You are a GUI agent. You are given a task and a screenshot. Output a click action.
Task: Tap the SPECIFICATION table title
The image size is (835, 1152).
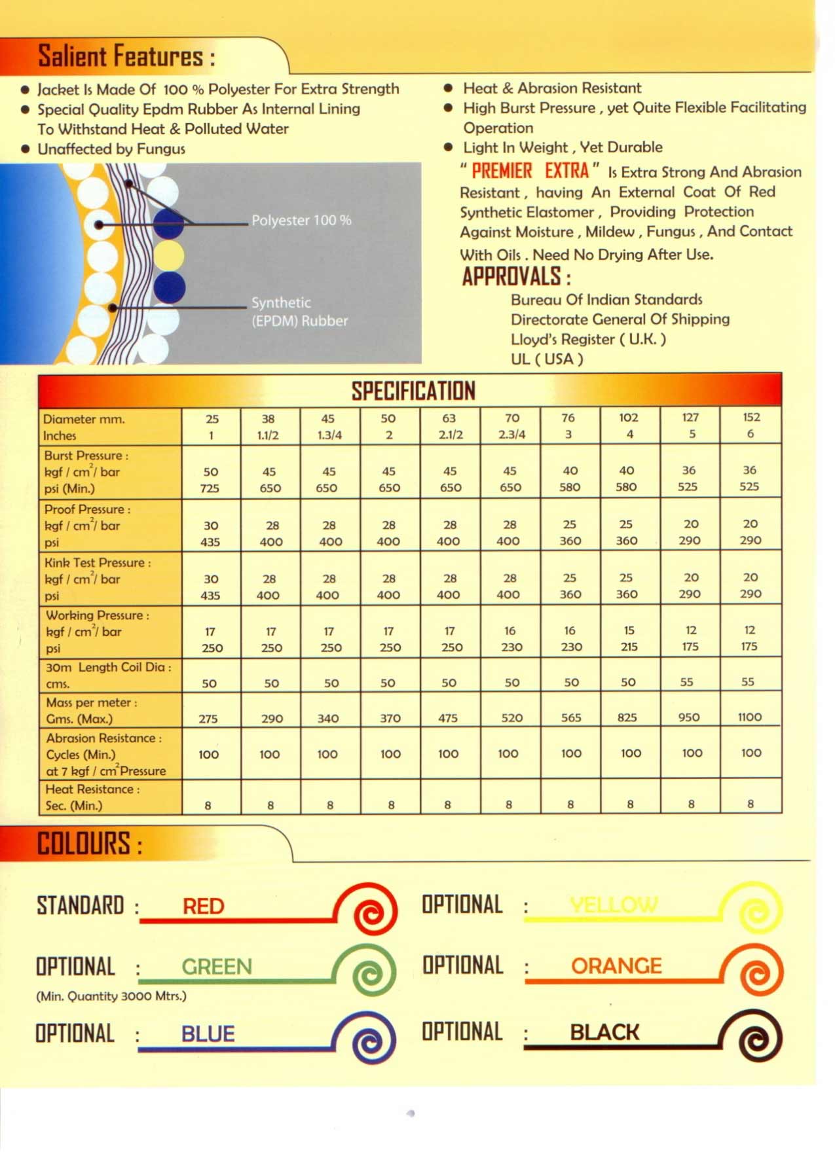tap(413, 391)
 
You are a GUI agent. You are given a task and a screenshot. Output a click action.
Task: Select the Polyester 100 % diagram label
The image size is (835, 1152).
tap(301, 221)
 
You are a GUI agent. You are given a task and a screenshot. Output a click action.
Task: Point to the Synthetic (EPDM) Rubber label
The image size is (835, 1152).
tap(299, 312)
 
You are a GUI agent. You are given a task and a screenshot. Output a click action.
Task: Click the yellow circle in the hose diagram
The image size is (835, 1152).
tap(169, 255)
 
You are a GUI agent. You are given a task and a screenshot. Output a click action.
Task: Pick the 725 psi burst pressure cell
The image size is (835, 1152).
tap(210, 488)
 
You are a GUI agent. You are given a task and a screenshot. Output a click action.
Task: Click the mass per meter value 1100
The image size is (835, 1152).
tap(749, 717)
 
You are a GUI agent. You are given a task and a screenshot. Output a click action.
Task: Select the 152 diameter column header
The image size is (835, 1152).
tap(751, 418)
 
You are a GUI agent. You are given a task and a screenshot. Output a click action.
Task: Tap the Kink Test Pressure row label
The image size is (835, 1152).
tap(98, 563)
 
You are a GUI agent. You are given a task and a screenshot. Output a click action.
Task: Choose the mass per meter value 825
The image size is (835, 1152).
tap(627, 717)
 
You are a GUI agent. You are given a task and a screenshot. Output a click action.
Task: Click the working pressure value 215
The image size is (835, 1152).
tap(629, 647)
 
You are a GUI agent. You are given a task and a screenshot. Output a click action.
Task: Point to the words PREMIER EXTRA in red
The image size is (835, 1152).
tap(530, 171)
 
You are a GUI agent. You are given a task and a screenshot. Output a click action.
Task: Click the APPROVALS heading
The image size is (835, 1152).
tap(516, 277)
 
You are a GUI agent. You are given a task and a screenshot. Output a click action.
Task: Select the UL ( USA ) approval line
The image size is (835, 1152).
tap(547, 359)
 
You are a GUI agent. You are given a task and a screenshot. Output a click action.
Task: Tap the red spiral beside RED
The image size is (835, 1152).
tap(373, 910)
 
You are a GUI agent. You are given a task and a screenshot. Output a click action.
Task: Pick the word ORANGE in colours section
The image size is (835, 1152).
tap(616, 965)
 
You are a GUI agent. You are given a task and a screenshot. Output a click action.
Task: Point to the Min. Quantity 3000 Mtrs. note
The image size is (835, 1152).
tap(111, 996)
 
